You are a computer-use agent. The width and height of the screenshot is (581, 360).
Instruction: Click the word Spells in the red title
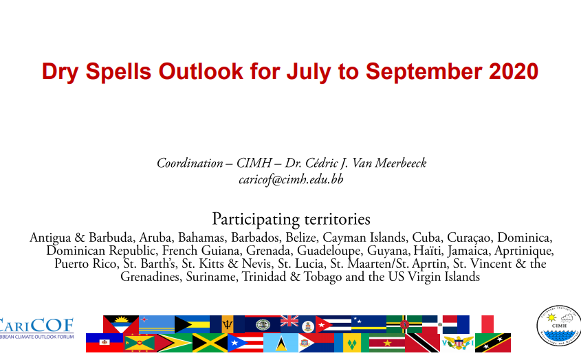coord(118,72)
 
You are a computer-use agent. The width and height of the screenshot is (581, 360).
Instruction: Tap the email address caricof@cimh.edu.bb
coord(291,179)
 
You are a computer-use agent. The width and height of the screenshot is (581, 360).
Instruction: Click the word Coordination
coord(190,163)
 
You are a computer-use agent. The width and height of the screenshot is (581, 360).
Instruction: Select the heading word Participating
coord(256,219)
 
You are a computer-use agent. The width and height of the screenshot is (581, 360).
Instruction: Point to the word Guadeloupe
coord(329,251)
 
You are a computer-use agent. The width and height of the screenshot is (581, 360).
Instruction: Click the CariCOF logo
coord(36,328)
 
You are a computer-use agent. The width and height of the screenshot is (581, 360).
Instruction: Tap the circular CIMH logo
coord(558,326)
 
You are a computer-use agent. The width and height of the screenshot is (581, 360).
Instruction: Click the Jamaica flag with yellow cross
coord(210,343)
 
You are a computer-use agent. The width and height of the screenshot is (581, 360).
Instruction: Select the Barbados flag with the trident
coord(227,324)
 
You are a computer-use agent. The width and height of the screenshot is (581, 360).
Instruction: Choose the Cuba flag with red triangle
coord(333,324)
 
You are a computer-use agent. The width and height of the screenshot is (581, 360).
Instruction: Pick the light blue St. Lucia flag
coord(281,343)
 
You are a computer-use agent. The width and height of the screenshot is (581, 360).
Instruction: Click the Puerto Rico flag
coord(245,343)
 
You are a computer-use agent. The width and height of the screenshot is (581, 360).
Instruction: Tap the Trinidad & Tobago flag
coord(422,343)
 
